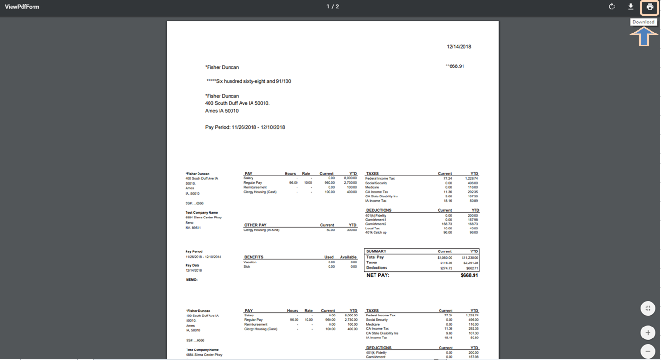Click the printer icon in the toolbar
650,7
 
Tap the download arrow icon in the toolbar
631,7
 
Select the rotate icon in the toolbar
612,7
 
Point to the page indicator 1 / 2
333,7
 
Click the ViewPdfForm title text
22,7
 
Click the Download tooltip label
643,22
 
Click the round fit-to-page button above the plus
648,308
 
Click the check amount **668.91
455,66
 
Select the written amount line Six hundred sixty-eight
249,81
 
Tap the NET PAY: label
378,275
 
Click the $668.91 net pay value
469,275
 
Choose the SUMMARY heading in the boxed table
376,251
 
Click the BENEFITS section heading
253,257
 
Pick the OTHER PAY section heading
255,225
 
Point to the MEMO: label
191,279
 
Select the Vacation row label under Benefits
250,262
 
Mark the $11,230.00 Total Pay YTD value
470,257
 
